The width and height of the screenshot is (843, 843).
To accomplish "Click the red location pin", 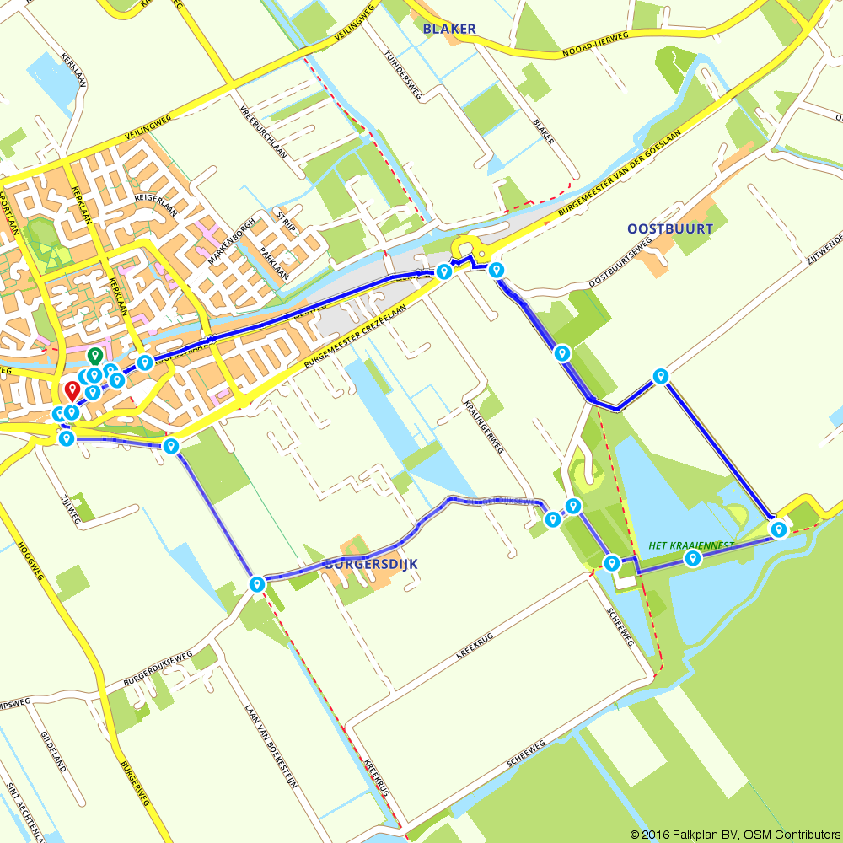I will (x=72, y=390).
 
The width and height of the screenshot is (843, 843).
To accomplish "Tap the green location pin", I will (x=95, y=357).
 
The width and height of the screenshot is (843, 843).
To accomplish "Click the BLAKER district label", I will (x=449, y=29).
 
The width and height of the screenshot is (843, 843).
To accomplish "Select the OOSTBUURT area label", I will (x=670, y=228).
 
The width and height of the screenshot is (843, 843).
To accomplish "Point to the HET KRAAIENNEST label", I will (x=691, y=545).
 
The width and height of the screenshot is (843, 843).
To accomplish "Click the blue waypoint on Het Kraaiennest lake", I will (x=693, y=558).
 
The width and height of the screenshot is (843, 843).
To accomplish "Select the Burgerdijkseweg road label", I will (x=158, y=667).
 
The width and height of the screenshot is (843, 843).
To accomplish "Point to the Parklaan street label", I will (x=275, y=264).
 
